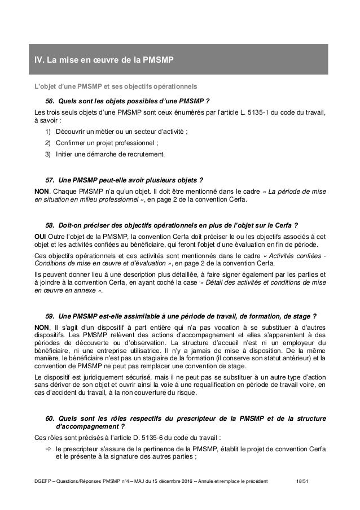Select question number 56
click(49, 102)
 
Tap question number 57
click(49, 180)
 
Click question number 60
click(49, 418)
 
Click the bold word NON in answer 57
click(42, 190)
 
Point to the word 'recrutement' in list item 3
click(149, 154)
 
